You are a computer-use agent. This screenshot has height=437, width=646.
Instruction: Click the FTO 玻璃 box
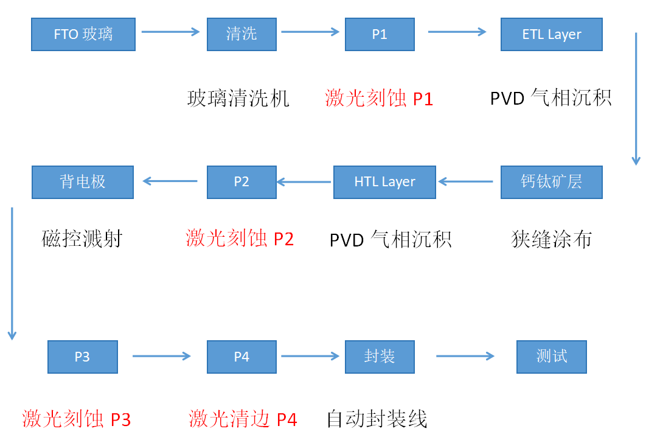(x=83, y=34)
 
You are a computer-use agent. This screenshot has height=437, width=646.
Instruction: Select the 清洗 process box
(x=241, y=34)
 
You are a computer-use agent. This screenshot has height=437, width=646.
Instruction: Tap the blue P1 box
(x=380, y=34)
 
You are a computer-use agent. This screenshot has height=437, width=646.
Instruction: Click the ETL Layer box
(x=551, y=34)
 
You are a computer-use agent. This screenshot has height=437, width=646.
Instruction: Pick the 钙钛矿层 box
(x=551, y=182)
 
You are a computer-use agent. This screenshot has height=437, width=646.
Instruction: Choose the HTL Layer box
(x=384, y=182)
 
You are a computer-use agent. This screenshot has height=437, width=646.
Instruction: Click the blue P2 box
(x=241, y=182)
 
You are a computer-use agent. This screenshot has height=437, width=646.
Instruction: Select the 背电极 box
(x=83, y=182)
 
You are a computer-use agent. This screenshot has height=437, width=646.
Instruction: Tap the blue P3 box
(x=82, y=357)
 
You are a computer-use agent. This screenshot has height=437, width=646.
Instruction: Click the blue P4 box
(x=241, y=357)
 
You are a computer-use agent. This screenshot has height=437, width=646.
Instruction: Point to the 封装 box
(x=380, y=357)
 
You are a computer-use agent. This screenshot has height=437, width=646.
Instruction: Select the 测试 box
(x=551, y=357)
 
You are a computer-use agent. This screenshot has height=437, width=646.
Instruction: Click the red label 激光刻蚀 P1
(x=379, y=99)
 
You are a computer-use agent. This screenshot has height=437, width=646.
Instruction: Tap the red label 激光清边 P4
(x=243, y=419)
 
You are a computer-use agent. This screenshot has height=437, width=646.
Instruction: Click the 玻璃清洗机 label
(x=238, y=99)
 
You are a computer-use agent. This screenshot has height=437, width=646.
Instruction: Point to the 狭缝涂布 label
(x=551, y=239)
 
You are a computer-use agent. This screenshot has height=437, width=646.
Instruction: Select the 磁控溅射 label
(x=82, y=239)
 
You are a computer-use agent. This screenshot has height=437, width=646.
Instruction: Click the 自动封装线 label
(x=377, y=419)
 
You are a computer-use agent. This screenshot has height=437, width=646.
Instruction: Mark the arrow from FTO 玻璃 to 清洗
(x=170, y=32)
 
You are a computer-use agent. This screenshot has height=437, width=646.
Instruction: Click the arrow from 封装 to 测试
(x=465, y=356)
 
